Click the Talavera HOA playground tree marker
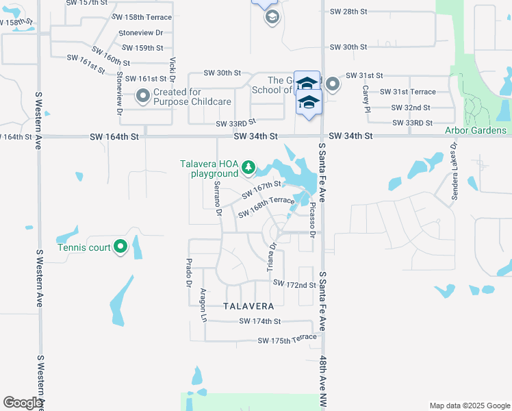point(249,167)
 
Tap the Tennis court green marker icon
point(120,246)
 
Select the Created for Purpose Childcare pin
point(143,97)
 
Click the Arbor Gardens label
point(476,130)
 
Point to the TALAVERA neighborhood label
point(248,306)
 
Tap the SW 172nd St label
point(294,284)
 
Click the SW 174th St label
point(260,321)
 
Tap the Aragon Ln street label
point(203,304)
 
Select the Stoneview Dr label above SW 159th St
point(141,33)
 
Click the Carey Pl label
point(366,99)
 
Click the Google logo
point(23,403)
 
